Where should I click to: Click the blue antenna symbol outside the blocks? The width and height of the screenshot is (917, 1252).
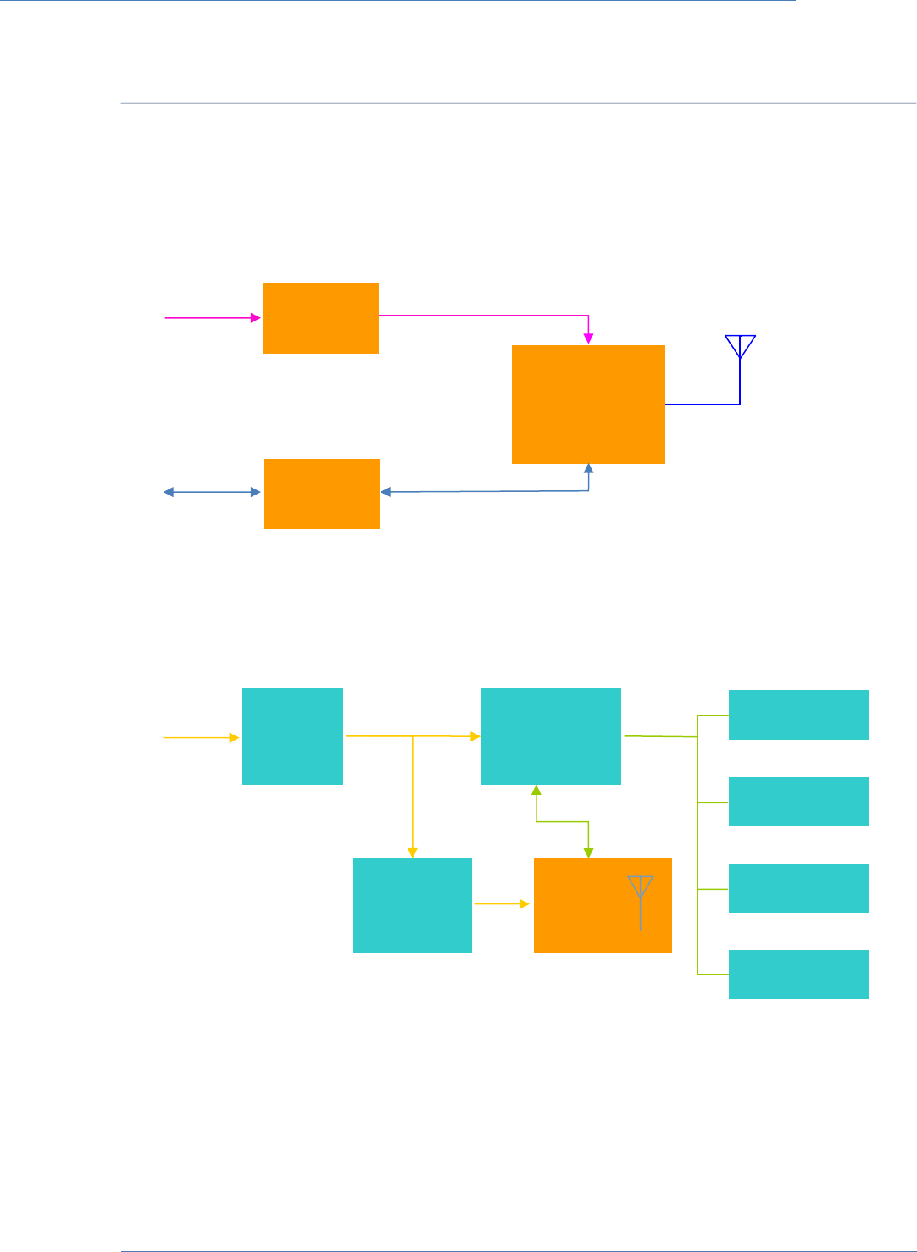pos(740,347)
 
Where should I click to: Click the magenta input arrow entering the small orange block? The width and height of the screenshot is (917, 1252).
pos(213,318)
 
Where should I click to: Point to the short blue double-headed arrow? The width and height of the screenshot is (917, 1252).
pos(212,492)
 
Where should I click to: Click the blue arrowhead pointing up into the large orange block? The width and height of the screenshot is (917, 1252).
pos(589,469)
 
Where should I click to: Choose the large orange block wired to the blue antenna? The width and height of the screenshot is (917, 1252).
pos(588,404)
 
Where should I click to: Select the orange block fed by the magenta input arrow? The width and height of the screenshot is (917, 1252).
pos(320,318)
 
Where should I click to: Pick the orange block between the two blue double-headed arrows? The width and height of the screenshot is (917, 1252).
pos(321,494)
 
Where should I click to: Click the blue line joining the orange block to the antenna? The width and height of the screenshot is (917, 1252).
pos(703,405)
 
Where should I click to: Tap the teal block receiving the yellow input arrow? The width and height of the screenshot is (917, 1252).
pos(292,736)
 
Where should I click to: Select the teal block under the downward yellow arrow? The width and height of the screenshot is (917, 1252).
pos(412,906)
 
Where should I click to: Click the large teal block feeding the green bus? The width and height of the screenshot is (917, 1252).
pos(551,736)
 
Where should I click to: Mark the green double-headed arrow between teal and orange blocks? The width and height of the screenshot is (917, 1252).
pos(562,821)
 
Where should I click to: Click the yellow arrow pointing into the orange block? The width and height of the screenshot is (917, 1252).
pos(502,904)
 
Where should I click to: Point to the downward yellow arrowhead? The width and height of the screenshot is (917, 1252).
pos(413,852)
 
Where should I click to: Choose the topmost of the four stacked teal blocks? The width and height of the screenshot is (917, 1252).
pos(798,715)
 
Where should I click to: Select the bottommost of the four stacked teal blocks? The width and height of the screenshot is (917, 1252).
pos(798,975)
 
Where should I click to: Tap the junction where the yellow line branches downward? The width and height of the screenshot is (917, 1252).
pos(413,736)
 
